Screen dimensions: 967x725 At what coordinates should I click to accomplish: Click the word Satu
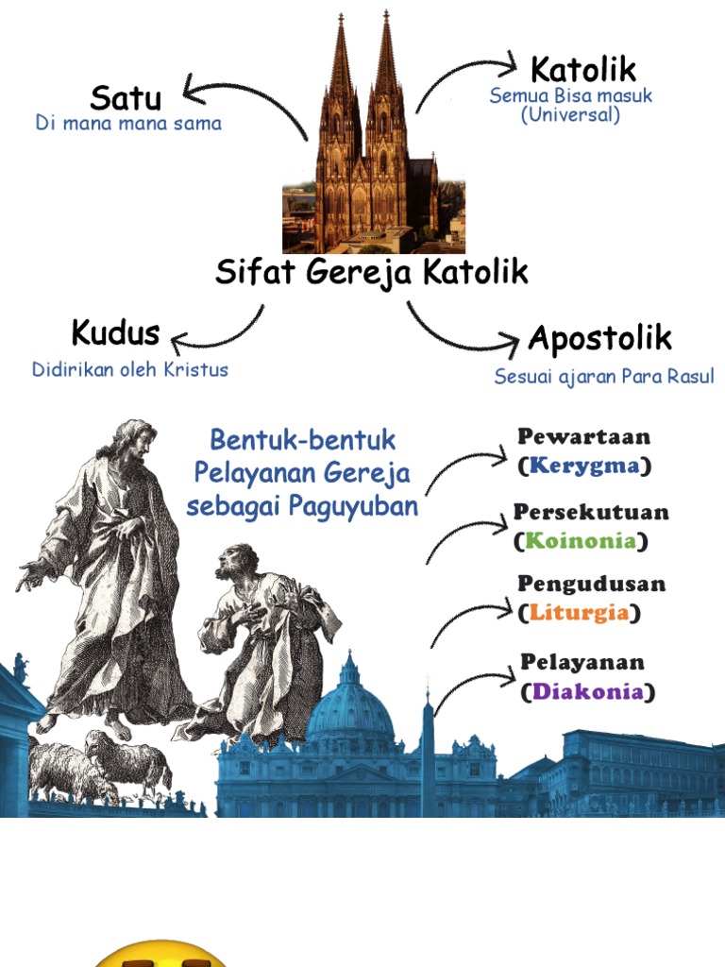click(x=126, y=98)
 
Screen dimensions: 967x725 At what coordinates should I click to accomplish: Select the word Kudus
click(x=115, y=333)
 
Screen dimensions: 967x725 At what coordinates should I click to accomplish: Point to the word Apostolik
click(x=599, y=337)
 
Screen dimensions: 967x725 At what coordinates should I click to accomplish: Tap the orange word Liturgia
click(x=579, y=612)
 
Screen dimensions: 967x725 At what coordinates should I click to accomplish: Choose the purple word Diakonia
click(x=587, y=691)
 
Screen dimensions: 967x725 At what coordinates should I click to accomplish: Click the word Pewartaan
click(x=583, y=437)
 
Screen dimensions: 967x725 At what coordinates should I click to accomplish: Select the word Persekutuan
click(x=591, y=513)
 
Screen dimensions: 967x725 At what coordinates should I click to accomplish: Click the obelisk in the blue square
click(x=428, y=755)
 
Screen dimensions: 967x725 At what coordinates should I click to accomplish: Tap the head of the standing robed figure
click(x=134, y=441)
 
